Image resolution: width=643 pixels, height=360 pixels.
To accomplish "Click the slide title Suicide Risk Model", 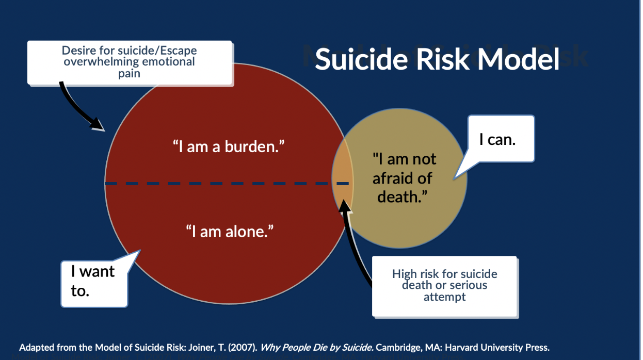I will [x=437, y=59].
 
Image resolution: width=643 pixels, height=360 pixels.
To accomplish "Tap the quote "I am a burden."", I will [x=229, y=147].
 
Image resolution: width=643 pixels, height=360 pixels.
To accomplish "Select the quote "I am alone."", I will [x=230, y=232].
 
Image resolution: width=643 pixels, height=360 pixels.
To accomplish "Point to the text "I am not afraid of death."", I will [x=404, y=177].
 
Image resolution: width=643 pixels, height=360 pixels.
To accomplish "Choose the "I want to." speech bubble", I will [x=93, y=281].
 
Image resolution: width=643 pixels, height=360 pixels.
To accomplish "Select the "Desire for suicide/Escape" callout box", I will [x=129, y=62].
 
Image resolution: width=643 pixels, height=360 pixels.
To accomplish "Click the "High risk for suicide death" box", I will [x=444, y=285].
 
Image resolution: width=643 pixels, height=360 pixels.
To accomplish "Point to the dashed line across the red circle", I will [x=217, y=184].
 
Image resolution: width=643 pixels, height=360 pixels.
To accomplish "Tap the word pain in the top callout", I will [x=129, y=74].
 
